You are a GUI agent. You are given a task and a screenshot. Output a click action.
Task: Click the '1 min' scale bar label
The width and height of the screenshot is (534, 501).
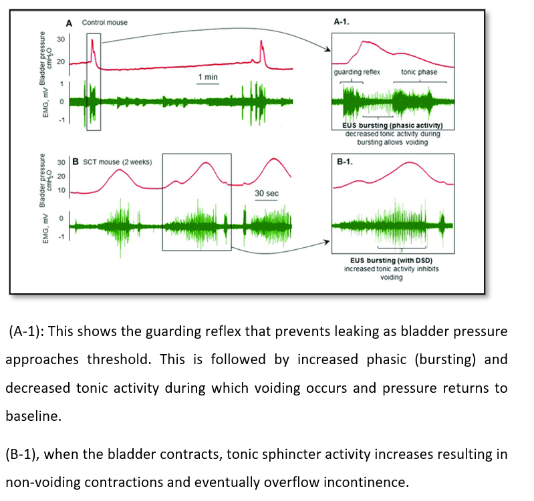click(x=208, y=77)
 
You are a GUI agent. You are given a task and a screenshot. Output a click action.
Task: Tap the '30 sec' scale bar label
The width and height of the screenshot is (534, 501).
click(x=267, y=192)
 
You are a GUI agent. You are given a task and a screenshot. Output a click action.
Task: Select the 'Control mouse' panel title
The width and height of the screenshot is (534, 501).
click(x=104, y=22)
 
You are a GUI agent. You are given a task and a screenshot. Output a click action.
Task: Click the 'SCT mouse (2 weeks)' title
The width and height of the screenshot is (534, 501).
click(x=113, y=162)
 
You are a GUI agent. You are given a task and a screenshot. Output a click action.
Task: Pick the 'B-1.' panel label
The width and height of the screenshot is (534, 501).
click(x=343, y=161)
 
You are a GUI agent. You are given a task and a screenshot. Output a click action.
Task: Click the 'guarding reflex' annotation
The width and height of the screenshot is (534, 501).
click(x=357, y=71)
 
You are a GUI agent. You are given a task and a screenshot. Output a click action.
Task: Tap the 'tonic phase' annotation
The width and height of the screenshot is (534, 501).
click(x=419, y=71)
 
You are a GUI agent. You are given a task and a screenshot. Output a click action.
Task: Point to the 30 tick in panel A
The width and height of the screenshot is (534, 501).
click(x=61, y=39)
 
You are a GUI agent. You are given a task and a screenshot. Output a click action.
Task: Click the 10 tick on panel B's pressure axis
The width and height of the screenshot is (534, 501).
click(x=61, y=190)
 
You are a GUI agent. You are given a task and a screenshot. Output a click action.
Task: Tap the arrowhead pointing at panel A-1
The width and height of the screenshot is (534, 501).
click(x=328, y=49)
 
